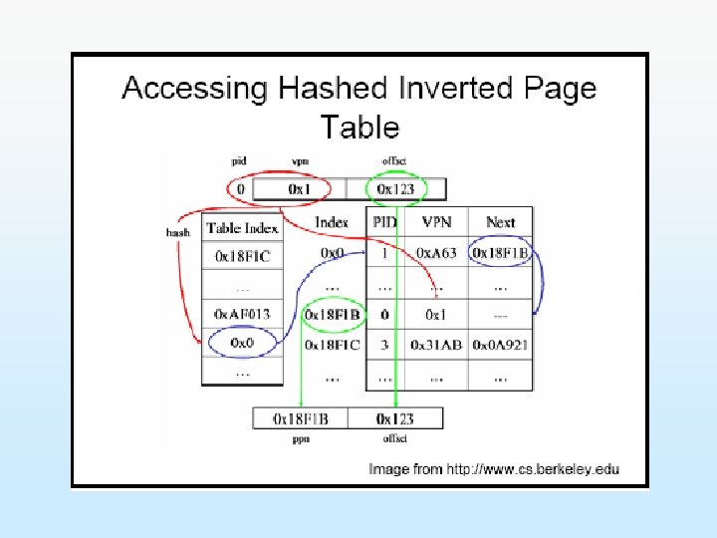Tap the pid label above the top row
tap(239, 161)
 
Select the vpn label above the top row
tap(300, 161)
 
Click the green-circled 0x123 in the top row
tap(396, 188)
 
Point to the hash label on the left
tap(178, 231)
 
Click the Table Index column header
tap(243, 228)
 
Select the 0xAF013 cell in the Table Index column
tap(242, 314)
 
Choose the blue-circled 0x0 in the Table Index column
tap(242, 344)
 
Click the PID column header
tap(384, 222)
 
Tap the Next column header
tap(499, 222)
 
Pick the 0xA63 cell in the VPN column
tap(435, 253)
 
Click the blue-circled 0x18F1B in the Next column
tap(500, 253)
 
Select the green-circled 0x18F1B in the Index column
tap(332, 315)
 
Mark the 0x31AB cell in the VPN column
tap(435, 345)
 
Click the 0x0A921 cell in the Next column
tap(499, 345)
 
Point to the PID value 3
tap(383, 345)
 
